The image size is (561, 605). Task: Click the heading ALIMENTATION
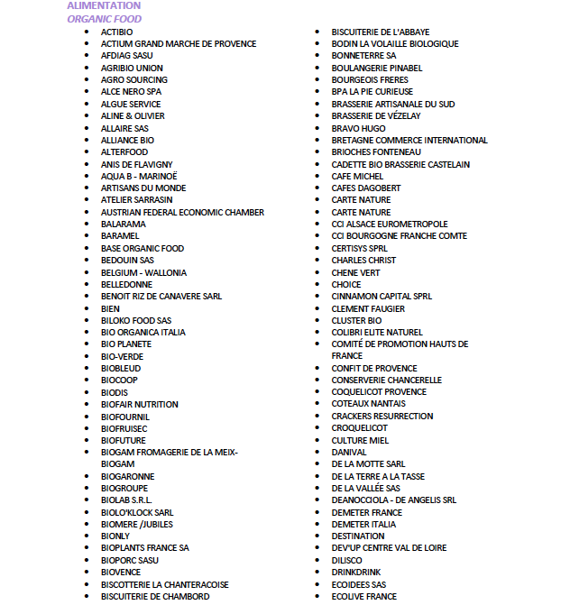(x=104, y=5)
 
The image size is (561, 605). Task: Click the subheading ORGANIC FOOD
(x=104, y=19)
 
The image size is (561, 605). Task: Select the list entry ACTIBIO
(x=116, y=32)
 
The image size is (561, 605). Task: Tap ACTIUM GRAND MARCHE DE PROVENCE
(x=179, y=43)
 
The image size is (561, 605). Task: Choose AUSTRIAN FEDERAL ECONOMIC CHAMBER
(x=182, y=212)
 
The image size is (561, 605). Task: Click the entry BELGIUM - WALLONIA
(x=144, y=272)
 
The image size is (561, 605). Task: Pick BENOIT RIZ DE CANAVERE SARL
(x=161, y=296)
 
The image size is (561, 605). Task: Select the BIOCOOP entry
(x=119, y=380)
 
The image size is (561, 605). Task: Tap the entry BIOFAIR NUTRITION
(x=140, y=404)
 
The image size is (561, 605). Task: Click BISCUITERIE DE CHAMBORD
(x=155, y=596)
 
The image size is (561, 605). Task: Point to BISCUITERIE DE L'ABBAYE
(x=380, y=32)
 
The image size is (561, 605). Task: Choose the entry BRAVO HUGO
(x=358, y=128)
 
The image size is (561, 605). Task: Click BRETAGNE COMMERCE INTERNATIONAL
(x=409, y=140)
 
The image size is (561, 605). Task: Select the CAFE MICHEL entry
(x=357, y=176)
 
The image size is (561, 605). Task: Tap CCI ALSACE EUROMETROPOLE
(x=390, y=224)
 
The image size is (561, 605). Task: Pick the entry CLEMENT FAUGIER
(x=368, y=308)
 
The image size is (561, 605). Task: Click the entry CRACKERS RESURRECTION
(x=382, y=416)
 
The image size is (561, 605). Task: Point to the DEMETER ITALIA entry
(x=363, y=524)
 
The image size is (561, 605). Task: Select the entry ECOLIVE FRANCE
(x=363, y=596)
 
